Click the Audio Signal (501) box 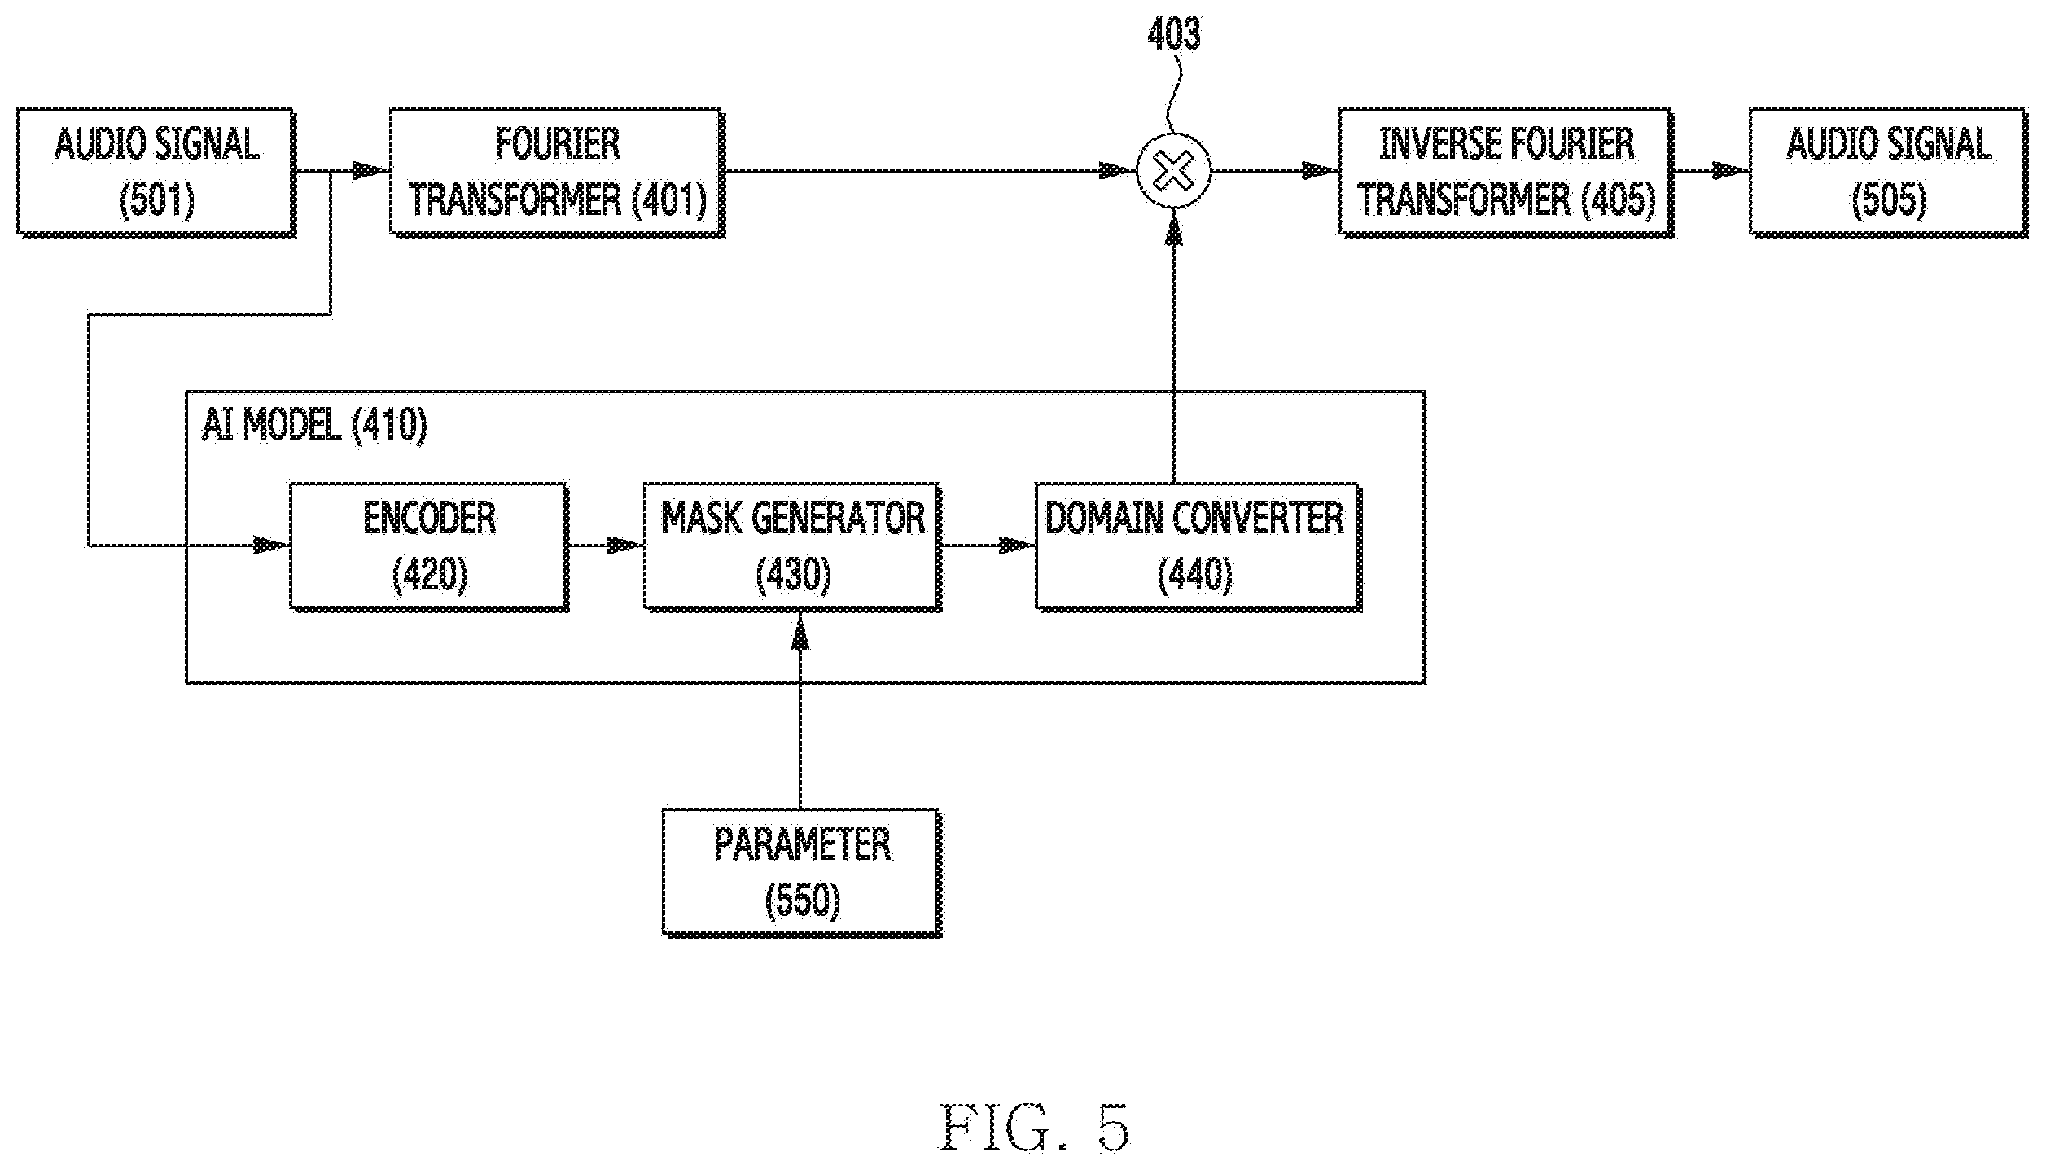click(156, 173)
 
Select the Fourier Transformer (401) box click(557, 173)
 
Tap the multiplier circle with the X click(1174, 173)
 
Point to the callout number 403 click(1173, 34)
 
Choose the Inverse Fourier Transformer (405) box click(1506, 173)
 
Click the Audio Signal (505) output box click(1889, 173)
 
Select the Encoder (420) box click(429, 546)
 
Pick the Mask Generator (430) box click(793, 546)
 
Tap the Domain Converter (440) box click(1198, 546)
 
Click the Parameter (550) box click(802, 872)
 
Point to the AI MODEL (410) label click(314, 425)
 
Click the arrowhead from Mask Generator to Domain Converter click(1018, 545)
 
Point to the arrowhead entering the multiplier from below click(1173, 229)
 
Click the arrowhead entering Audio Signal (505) click(1732, 172)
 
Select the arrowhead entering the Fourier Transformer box click(371, 172)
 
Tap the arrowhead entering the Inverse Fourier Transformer click(1321, 172)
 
